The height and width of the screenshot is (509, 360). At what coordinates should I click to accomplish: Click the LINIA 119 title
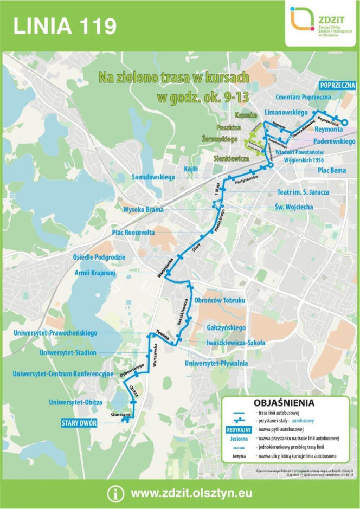coord(65,25)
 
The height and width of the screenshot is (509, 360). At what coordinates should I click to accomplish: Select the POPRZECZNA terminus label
coord(337,86)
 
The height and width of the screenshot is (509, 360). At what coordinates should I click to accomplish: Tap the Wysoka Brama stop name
coord(143,209)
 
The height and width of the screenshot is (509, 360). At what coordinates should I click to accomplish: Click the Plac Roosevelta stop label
coord(133,232)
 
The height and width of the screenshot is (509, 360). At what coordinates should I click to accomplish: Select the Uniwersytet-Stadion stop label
coord(68,353)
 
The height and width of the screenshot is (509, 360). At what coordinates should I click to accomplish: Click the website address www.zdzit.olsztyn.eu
coord(191,494)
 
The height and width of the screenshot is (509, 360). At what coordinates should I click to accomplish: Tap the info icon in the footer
coord(115,494)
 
